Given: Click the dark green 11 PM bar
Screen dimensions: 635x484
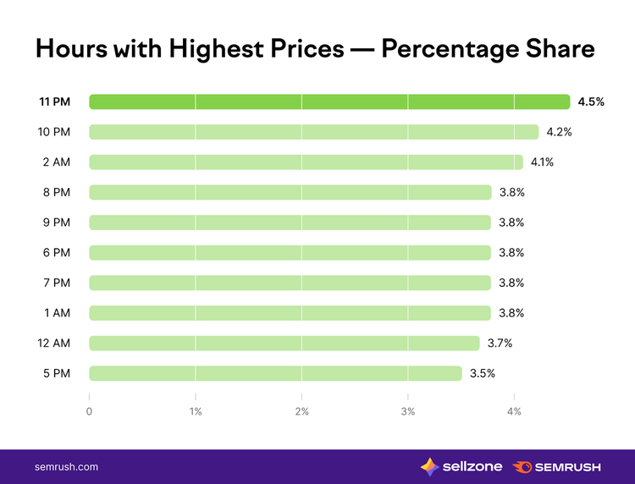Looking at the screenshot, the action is [329, 102].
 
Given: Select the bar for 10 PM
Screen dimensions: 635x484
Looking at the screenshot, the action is [314, 132].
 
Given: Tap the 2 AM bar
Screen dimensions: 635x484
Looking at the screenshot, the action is [306, 162].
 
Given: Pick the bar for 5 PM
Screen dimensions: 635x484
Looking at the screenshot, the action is [275, 373].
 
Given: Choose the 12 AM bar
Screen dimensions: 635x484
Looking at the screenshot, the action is [284, 344].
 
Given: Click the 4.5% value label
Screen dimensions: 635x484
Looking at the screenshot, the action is [591, 102].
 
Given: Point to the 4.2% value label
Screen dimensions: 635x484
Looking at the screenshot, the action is [560, 132].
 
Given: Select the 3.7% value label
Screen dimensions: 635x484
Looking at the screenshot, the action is [500, 344].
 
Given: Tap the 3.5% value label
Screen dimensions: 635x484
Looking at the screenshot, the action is [483, 373].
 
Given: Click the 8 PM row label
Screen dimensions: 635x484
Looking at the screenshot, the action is [57, 192].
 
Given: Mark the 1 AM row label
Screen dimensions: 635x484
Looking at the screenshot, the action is [57, 313].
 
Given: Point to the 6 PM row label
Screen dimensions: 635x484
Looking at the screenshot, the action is [57, 252].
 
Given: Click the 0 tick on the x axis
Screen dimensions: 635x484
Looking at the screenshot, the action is [89, 411].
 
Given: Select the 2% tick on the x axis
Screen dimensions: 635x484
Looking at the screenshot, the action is [301, 411].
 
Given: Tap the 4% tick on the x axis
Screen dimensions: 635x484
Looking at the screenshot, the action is [514, 411].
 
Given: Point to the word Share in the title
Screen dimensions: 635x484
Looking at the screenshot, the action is [560, 48].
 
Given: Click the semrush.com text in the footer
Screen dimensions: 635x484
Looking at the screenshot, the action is [66, 467].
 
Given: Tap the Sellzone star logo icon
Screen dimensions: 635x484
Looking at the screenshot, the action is [429, 467].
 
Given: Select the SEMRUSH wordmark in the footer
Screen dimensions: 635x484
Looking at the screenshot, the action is [567, 467].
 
